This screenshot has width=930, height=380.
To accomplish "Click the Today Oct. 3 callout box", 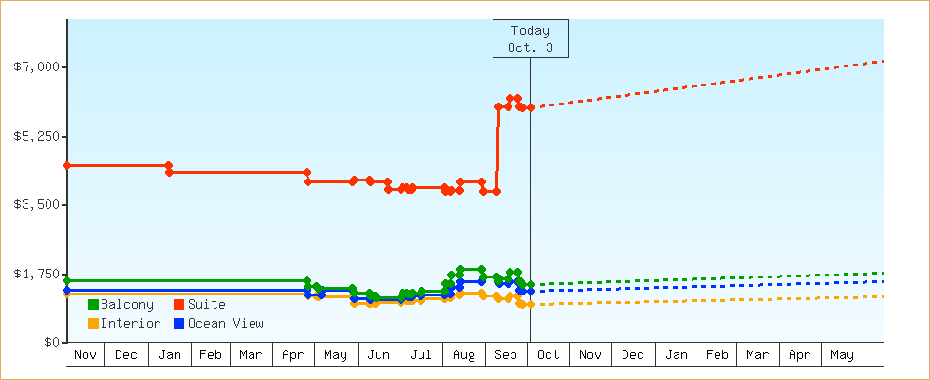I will [530, 39].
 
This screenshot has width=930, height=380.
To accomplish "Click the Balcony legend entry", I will [126, 305].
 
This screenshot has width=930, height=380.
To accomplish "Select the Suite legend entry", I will [206, 305].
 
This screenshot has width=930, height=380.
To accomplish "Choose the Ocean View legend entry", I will [225, 324].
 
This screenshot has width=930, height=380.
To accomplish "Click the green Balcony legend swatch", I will [93, 305].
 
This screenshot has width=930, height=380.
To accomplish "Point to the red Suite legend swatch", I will [177, 305].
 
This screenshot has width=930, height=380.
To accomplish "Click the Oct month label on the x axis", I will [549, 355].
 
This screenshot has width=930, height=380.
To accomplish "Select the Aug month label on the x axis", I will [463, 355].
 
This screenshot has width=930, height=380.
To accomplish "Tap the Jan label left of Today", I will [169, 355].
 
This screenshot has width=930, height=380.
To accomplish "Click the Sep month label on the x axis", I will [507, 355].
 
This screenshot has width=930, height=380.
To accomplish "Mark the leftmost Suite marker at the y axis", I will [66, 165].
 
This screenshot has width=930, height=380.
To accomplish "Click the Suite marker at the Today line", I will [530, 108].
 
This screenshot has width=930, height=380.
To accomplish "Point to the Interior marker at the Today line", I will [530, 304].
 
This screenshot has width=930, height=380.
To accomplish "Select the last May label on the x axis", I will [842, 355].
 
